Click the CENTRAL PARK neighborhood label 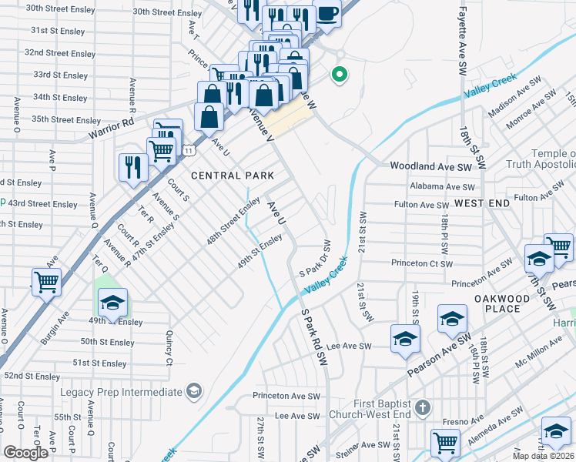pos(232,176)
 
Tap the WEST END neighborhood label pos(481,203)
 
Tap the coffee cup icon pos(327,15)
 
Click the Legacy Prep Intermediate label pos(122,392)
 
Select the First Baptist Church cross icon pos(421,407)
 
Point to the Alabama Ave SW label pos(443,186)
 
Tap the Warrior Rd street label pos(110,122)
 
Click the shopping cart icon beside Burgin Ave pos(47,282)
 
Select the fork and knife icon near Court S pos(133,167)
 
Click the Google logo pos(26,452)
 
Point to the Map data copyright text pos(543,456)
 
